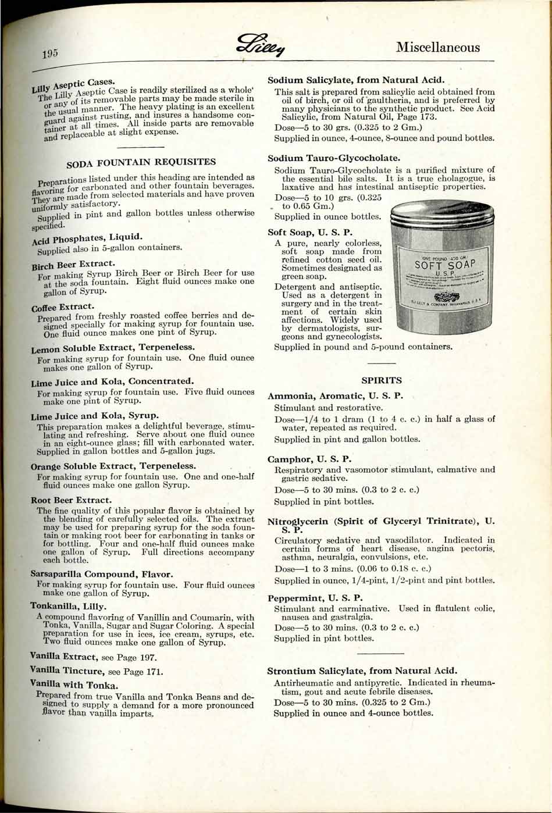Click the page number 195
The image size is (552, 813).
tap(50, 54)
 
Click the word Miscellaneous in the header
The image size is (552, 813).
tap(438, 47)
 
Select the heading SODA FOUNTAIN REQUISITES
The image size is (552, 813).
tap(141, 162)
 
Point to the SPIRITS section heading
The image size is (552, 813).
tap(382, 380)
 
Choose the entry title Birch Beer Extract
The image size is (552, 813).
tap(73, 265)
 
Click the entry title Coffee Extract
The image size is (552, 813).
tap(63, 307)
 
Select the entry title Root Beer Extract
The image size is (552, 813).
tap(71, 500)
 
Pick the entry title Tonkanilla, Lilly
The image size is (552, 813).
tap(68, 606)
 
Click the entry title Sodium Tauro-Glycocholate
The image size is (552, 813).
tap(334, 158)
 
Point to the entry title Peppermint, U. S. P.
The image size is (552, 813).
tap(315, 598)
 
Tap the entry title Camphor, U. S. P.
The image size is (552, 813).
tap(309, 459)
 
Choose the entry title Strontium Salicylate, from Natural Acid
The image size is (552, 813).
tap(362, 671)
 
